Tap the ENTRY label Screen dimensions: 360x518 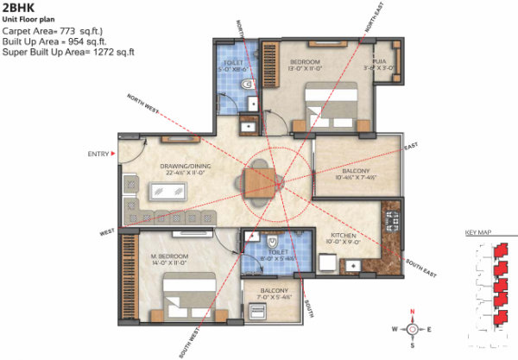pos(98,155)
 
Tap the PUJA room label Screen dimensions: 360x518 pos(373,61)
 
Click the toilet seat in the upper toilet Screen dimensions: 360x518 pos(247,85)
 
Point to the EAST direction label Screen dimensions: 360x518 pos(410,145)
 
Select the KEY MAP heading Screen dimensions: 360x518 pos(477,233)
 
